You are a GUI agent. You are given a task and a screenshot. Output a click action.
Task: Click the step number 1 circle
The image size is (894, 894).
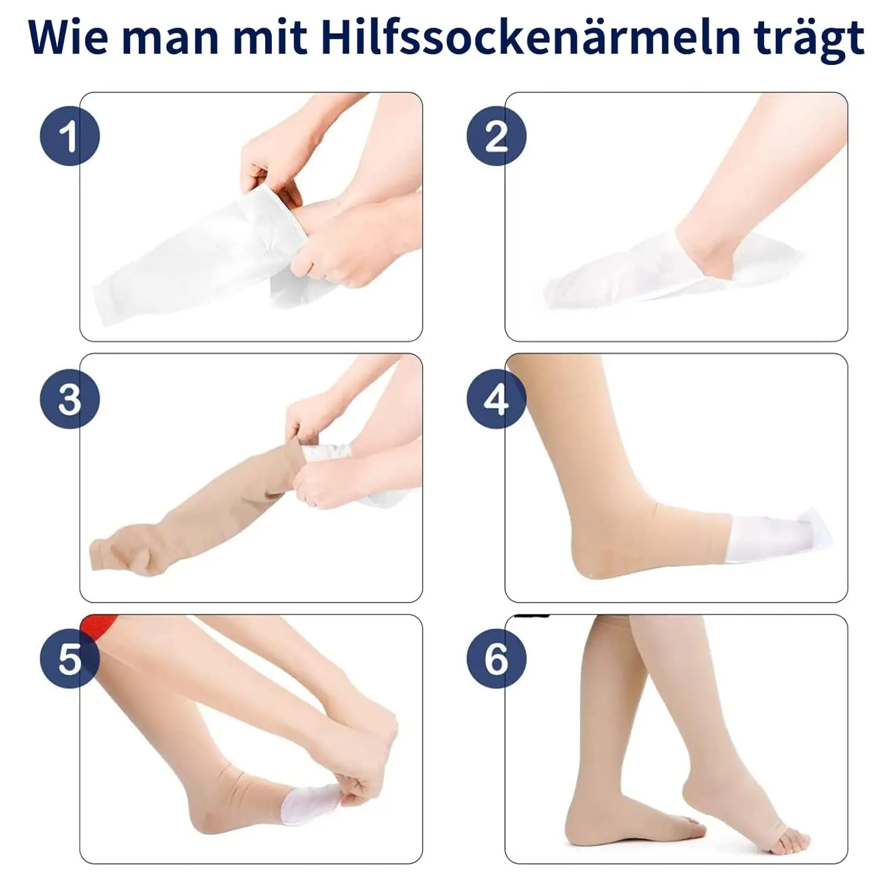pyautogui.click(x=70, y=136)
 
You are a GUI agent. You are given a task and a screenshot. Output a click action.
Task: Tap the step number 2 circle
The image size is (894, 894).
pyautogui.click(x=496, y=136)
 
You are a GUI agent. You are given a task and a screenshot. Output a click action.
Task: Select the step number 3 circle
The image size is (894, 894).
pyautogui.click(x=70, y=399)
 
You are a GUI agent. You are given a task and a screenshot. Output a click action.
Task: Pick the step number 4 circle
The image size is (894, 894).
pyautogui.click(x=496, y=399)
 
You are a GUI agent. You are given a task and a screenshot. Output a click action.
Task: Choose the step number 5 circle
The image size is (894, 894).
pyautogui.click(x=70, y=659)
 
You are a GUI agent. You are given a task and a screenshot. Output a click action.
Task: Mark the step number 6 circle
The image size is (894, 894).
pyautogui.click(x=496, y=659)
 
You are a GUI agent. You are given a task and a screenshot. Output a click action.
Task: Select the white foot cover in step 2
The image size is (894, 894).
pyautogui.click(x=626, y=280)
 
